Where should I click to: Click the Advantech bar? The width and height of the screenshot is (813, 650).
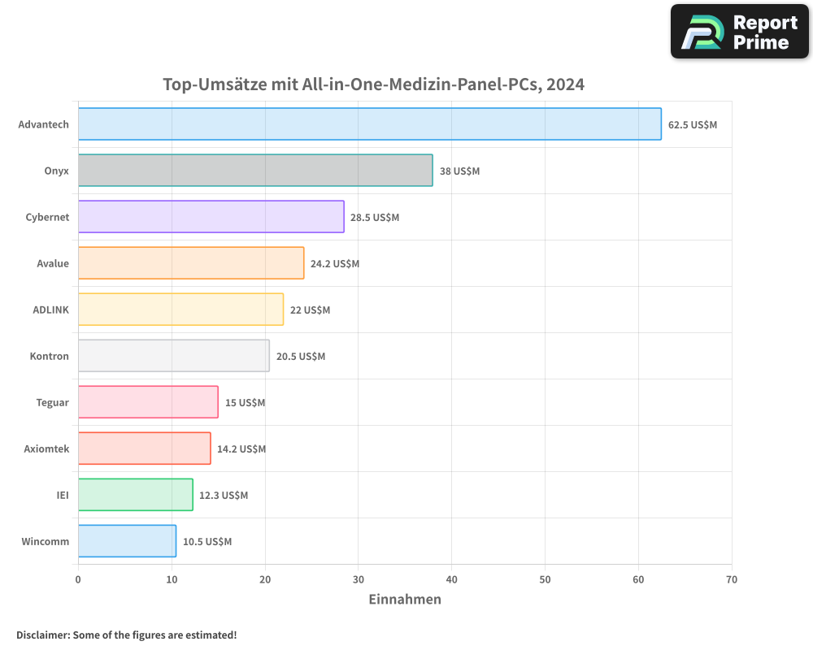pos(369,124)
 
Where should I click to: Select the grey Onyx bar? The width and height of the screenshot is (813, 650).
pos(255,171)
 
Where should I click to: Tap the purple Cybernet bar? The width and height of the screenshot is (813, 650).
pos(211,217)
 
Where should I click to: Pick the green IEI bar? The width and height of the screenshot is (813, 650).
pos(135,495)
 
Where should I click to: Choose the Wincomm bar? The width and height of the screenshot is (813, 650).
pos(127,541)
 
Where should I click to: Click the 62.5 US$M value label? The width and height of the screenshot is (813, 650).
pos(693,125)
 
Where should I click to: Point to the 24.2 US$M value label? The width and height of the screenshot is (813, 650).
pos(335,264)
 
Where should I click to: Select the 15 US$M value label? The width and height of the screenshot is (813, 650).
pos(245,403)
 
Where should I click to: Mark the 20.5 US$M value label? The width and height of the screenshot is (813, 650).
pos(300,357)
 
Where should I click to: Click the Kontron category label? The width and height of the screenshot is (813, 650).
pos(49,356)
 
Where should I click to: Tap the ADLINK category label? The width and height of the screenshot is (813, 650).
pos(50,310)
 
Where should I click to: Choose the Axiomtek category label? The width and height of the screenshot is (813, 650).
pos(46,448)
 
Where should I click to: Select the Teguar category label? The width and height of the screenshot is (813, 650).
pos(52,402)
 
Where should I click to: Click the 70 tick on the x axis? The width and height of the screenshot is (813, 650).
pos(732,579)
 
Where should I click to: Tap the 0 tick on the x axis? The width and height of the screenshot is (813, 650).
pos(78,579)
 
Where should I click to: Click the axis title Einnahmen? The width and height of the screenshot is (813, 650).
pos(405,600)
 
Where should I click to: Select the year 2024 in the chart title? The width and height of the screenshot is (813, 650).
pos(566,84)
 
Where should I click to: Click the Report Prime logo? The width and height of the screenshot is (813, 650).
pos(740,32)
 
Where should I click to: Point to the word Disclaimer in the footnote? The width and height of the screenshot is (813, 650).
pos(42,635)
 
